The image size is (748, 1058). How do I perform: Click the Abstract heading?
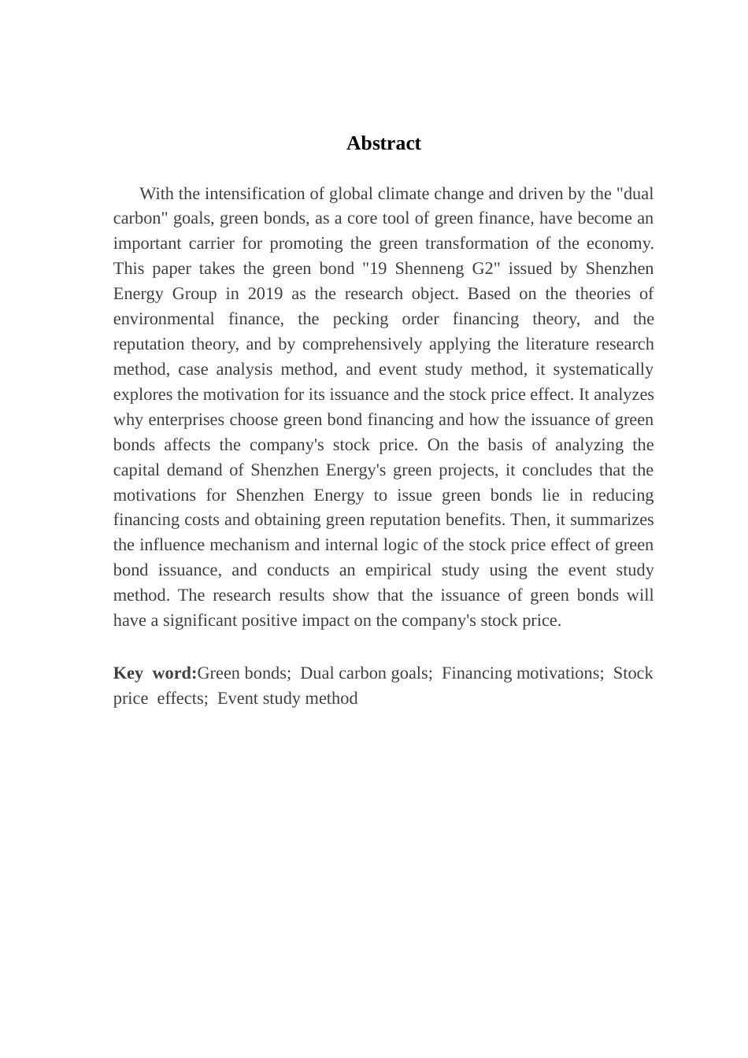click(383, 143)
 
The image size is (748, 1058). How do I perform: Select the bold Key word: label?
click(154, 673)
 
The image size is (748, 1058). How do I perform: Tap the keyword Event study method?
click(287, 698)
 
